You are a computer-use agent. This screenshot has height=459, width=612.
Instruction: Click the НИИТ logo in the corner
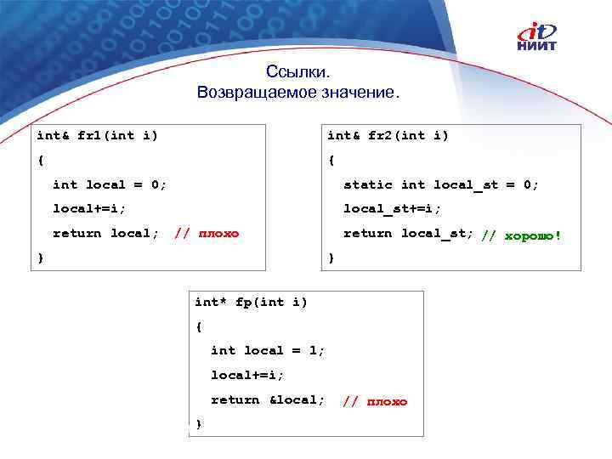538,37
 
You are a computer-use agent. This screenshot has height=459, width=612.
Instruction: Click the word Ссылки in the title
297,73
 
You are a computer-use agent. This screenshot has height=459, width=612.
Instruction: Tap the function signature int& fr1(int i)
96,135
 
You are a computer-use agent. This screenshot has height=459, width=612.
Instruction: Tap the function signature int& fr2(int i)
388,135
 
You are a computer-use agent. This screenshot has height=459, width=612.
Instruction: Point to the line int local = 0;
110,184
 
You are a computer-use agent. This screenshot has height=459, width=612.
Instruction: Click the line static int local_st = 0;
441,184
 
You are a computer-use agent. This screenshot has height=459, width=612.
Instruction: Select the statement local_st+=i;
392,208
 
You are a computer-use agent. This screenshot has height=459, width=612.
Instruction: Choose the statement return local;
105,233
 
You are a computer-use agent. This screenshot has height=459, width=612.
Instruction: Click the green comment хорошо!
521,235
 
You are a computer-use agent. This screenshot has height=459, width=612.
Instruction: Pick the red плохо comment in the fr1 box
207,234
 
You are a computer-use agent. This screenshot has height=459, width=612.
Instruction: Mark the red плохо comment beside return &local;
375,401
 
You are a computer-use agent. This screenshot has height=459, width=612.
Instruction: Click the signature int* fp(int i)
251,302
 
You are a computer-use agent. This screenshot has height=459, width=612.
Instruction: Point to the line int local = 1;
268,350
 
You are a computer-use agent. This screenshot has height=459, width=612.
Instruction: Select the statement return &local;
268,399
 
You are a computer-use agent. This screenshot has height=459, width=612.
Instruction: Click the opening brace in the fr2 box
331,160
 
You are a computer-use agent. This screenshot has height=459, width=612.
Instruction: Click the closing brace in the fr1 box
40,258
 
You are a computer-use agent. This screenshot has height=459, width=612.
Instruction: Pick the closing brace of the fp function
198,423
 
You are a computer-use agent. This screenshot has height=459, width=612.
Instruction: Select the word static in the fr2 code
367,184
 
